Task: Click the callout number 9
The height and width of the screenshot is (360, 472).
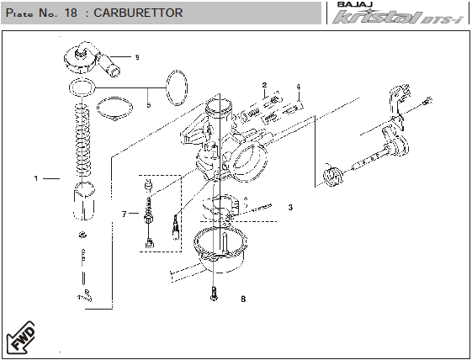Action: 137,57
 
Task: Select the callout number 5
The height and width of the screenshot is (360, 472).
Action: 149,105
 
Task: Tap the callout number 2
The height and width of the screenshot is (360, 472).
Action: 264,85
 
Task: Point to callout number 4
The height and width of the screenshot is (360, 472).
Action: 299,87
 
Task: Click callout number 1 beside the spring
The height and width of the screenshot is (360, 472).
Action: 36,178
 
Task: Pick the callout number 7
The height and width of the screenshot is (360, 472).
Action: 124,214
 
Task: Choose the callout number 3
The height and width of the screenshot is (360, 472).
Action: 290,208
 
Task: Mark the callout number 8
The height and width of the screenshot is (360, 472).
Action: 243,299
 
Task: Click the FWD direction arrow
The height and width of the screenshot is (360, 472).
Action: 21,337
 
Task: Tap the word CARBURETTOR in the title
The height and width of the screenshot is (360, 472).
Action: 138,13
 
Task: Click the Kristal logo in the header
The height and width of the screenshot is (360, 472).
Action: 398,17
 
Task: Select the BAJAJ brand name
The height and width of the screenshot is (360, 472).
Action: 355,4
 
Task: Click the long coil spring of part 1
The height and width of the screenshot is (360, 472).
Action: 82,140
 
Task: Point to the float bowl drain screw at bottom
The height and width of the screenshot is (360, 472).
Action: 214,294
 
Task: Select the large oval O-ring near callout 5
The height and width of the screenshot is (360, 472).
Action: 177,87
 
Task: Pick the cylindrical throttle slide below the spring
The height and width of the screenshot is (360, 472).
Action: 84,201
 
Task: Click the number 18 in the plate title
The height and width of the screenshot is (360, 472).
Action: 71,13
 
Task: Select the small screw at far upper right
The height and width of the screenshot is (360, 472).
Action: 427,102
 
